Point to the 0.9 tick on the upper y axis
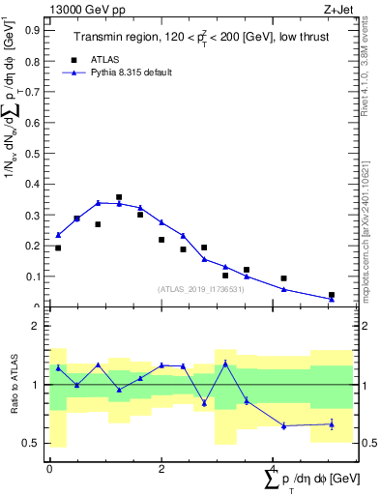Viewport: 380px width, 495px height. pyautogui.click(x=36, y=29)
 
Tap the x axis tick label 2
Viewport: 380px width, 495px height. pyautogui.click(x=161, y=468)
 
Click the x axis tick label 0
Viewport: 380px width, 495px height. pyautogui.click(x=49, y=468)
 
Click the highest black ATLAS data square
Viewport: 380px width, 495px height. pyautogui.click(x=119, y=197)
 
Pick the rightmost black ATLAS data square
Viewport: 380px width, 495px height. pyautogui.click(x=332, y=295)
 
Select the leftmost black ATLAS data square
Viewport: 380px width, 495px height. pyautogui.click(x=58, y=248)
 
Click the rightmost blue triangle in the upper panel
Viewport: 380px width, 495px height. pyautogui.click(x=332, y=299)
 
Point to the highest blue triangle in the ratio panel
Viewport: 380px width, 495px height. pyautogui.click(x=225, y=363)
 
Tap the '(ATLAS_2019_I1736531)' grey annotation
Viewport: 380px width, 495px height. pyautogui.click(x=200, y=289)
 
